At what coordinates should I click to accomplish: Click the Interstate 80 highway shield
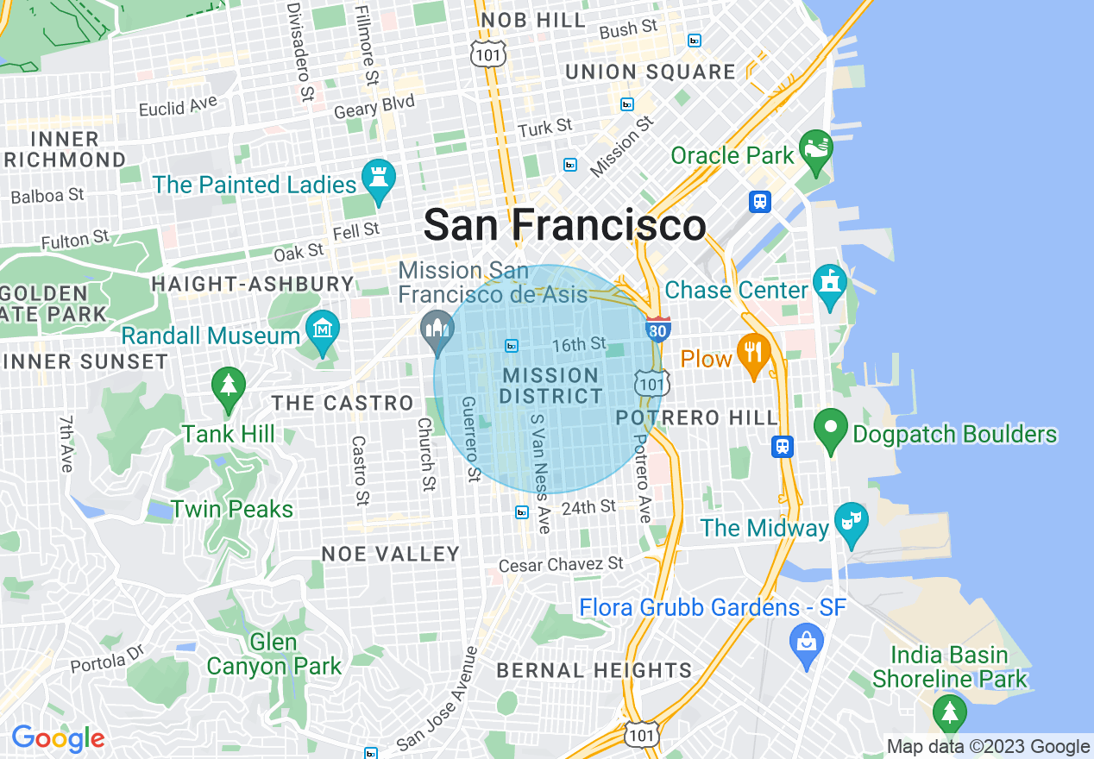point(657,329)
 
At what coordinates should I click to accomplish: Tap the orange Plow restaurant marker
point(753,354)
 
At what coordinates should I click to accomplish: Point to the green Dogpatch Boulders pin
point(830,429)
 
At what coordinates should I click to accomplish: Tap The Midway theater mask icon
point(852,523)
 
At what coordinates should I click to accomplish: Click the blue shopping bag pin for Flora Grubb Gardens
point(807,643)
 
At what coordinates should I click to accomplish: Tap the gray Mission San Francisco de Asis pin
point(437,329)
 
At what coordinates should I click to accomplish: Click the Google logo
point(58,738)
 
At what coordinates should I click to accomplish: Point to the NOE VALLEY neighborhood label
point(390,554)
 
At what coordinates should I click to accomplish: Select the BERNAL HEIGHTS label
point(594,670)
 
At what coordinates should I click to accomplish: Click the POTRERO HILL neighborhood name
point(697,417)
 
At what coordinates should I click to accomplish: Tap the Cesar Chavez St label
point(561,565)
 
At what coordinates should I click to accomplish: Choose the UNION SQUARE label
point(651,72)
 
